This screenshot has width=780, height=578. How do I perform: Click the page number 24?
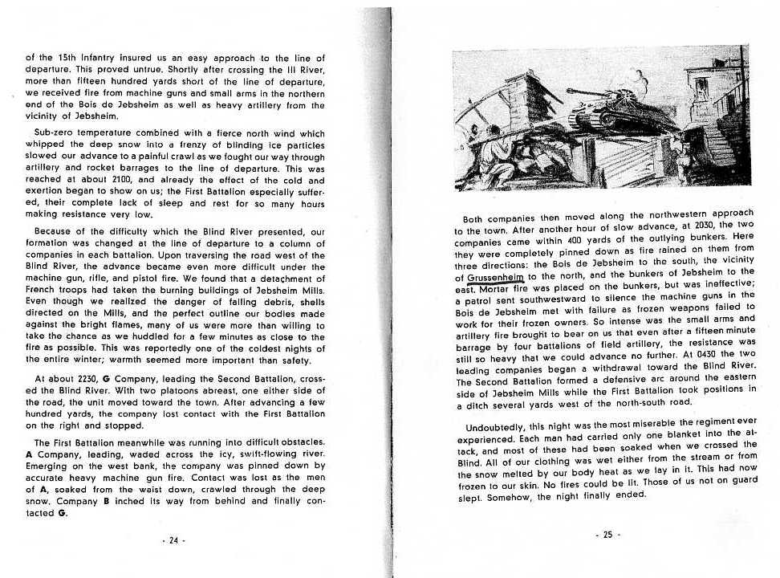(x=173, y=540)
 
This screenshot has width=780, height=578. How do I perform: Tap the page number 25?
(x=607, y=533)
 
